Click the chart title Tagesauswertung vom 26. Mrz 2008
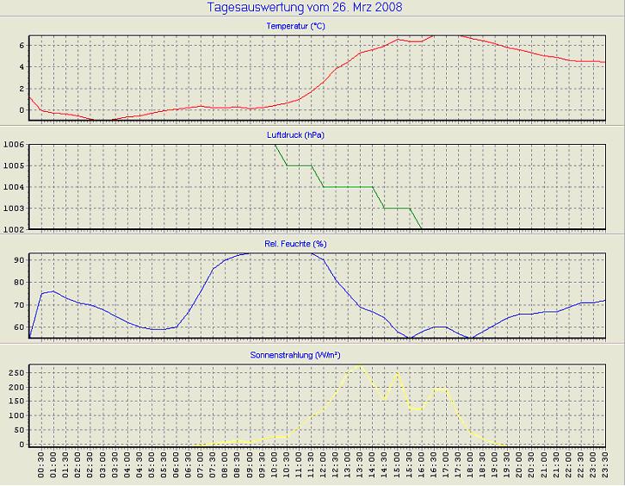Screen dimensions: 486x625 tap(305, 8)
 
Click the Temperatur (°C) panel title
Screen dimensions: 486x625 tap(295, 27)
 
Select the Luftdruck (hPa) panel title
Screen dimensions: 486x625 tap(295, 135)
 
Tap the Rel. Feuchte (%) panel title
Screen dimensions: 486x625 tap(295, 244)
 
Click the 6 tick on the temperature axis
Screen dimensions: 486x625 tap(20, 45)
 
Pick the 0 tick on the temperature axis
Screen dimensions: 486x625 tap(20, 110)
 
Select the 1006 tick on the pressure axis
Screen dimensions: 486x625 tap(13, 145)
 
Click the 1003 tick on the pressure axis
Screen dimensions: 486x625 tap(13, 209)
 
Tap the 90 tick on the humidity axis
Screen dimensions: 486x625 tap(17, 259)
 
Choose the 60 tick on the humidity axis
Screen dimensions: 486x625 tap(17, 327)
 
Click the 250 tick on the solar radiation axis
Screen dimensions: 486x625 tap(15, 372)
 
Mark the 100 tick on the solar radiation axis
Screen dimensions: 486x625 tap(15, 415)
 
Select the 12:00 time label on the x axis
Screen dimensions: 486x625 tap(323, 466)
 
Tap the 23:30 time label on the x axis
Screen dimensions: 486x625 tap(605, 466)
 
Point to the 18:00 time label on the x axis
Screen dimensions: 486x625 tap(470, 466)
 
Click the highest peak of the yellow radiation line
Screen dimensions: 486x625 tap(360, 365)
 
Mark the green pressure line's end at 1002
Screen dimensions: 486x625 tap(421, 229)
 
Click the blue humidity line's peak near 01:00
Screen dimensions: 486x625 tap(53, 291)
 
